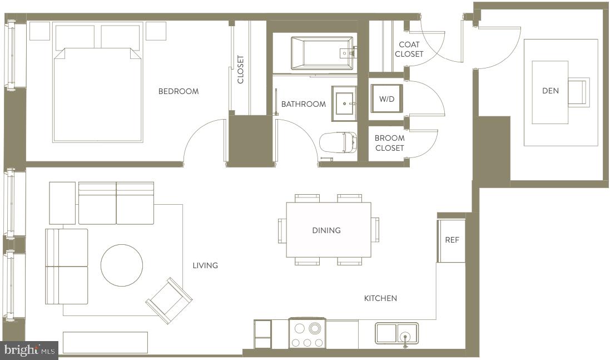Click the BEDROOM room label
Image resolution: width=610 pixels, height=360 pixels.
(x=178, y=91)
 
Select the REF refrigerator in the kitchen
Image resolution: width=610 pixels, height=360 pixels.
(x=452, y=240)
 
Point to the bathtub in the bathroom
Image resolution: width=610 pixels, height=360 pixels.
(x=322, y=53)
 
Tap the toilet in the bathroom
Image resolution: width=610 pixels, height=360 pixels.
(x=338, y=142)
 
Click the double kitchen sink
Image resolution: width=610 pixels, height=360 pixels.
(x=396, y=334)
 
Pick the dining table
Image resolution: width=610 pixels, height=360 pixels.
(x=328, y=229)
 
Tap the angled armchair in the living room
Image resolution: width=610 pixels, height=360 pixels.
(x=168, y=301)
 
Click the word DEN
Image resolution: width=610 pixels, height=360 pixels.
(x=550, y=91)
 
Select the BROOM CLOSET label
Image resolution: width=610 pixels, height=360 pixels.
(x=389, y=143)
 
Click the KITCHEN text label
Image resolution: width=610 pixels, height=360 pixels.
(x=380, y=298)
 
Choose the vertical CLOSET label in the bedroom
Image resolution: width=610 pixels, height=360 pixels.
(x=241, y=69)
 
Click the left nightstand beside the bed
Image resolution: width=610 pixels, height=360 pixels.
(x=39, y=31)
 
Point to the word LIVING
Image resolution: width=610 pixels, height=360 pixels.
(x=205, y=265)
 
